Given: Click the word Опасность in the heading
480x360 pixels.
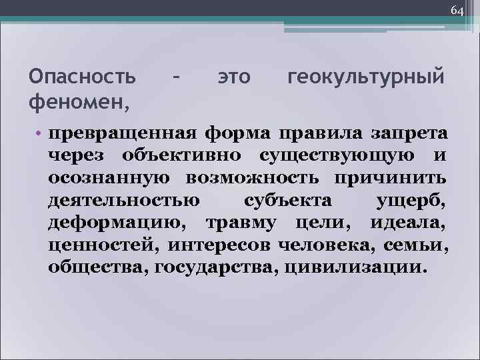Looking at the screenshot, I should coord(83,77).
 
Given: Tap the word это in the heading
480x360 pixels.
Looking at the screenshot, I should coord(234,77).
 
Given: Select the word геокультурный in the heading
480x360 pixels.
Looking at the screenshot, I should coord(366,77).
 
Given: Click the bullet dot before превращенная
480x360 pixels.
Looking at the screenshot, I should coord(41,132).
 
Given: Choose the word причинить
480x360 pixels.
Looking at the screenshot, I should coord(391,178).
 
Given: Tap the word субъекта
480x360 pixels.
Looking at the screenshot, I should coord(287,200).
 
